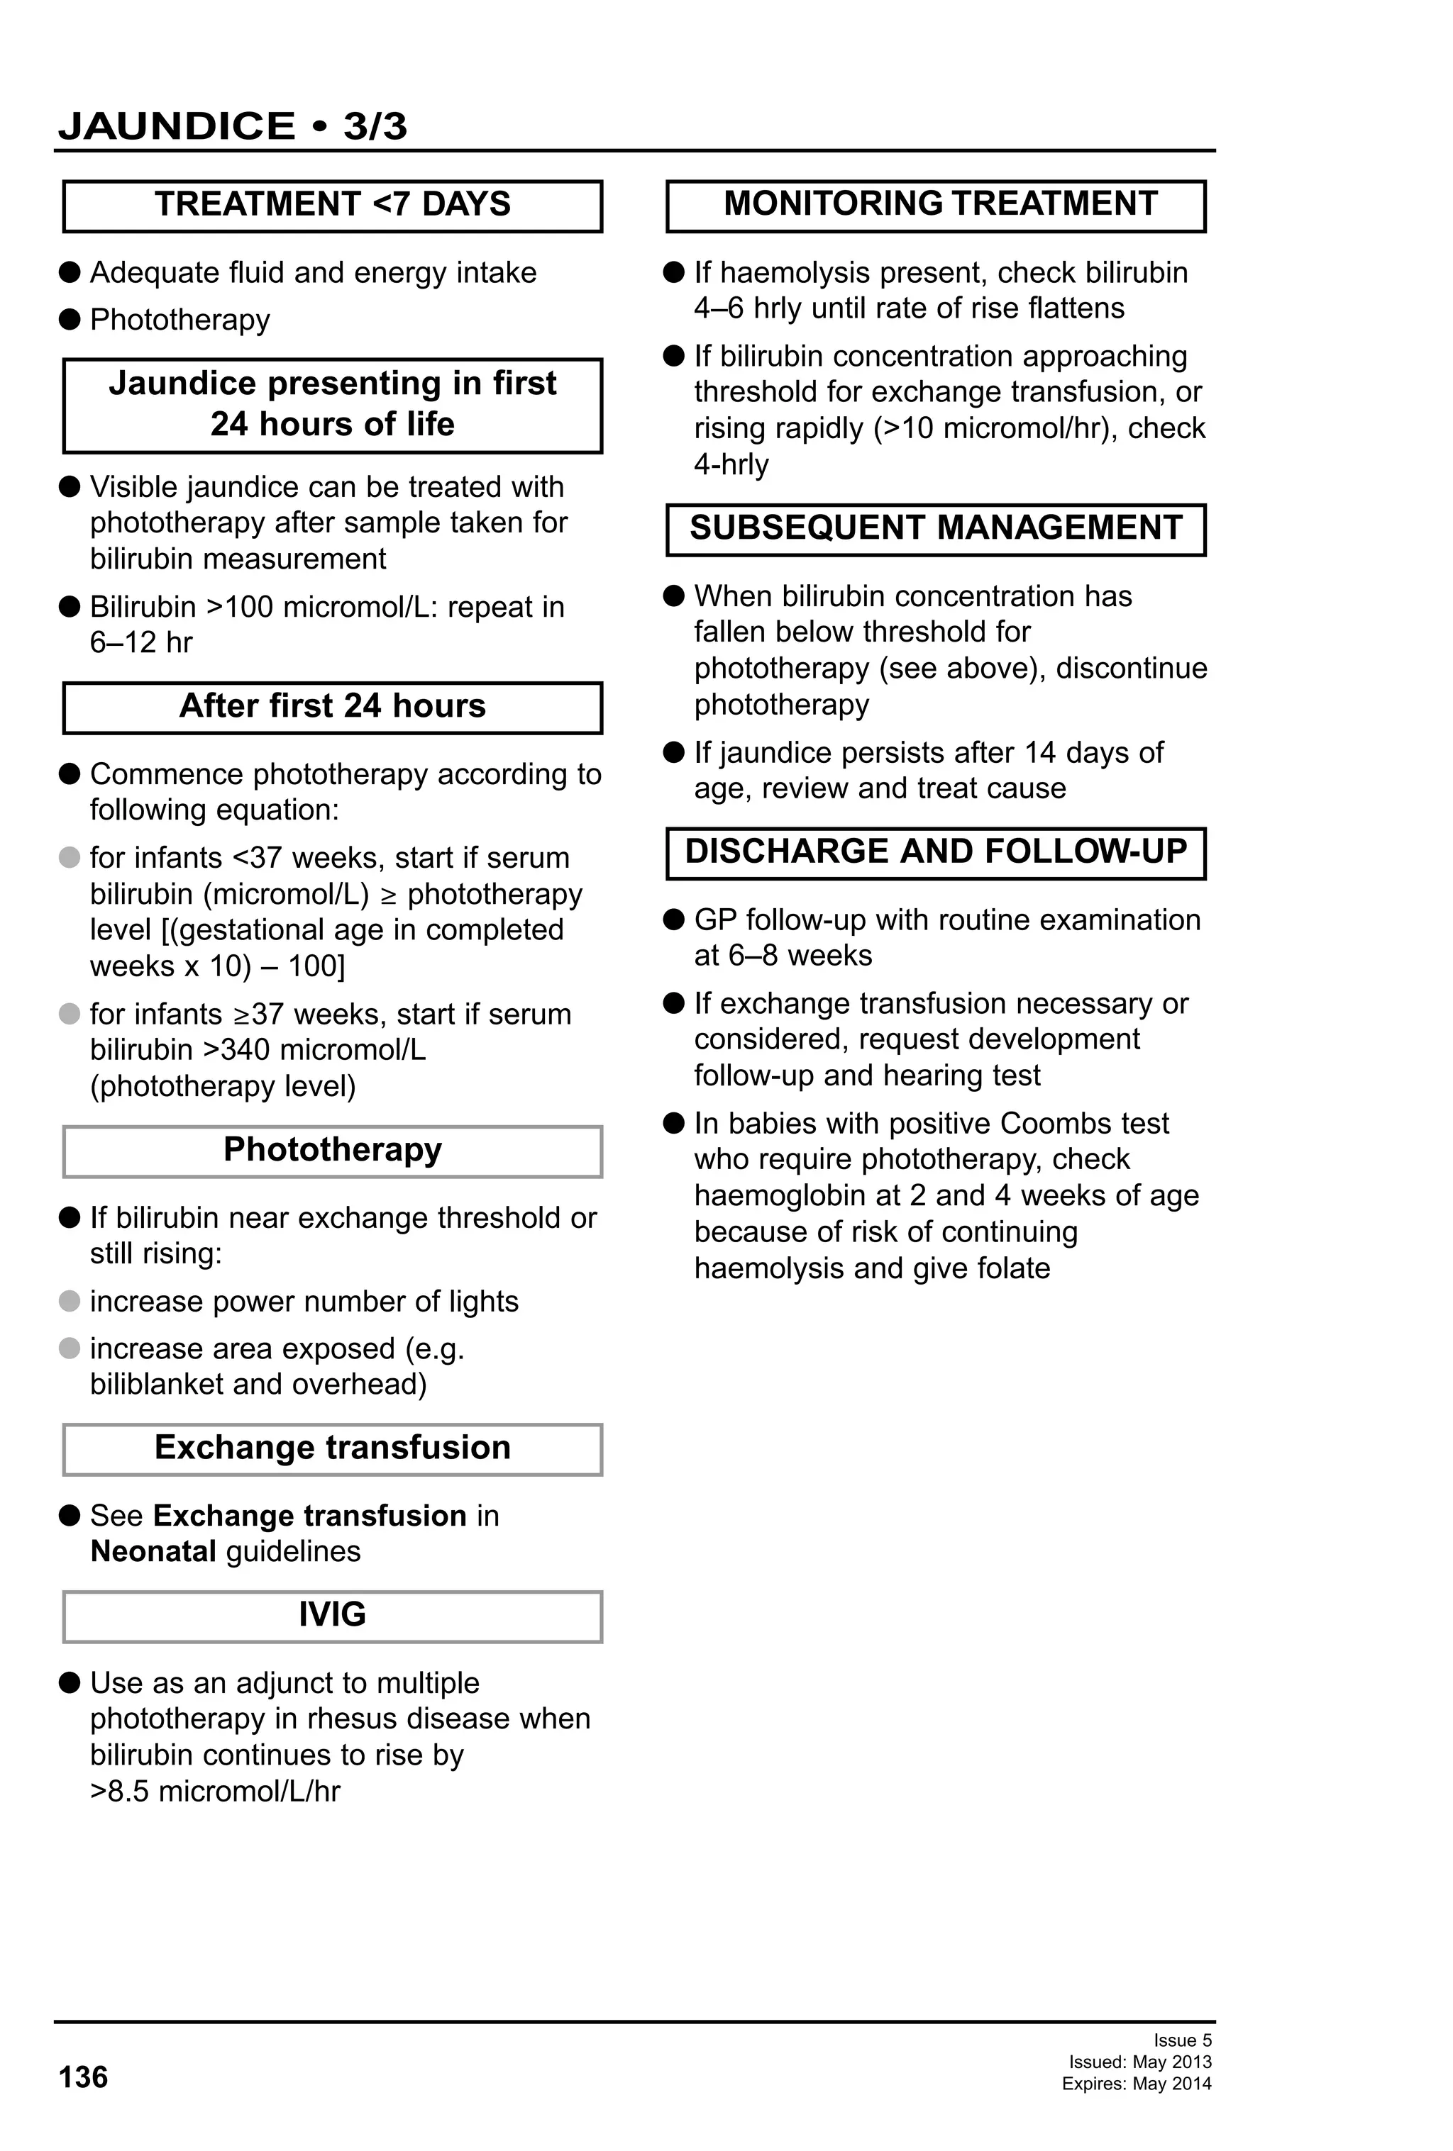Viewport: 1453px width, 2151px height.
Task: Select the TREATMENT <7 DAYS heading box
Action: [x=333, y=205]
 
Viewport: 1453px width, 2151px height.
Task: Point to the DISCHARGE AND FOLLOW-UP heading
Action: [x=935, y=851]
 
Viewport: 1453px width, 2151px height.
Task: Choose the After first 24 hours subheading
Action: [x=333, y=707]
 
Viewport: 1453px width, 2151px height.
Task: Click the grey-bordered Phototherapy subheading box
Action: [x=333, y=1151]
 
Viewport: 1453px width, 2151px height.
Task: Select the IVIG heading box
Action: [x=333, y=1615]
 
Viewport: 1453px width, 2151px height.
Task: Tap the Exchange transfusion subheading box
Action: [x=333, y=1448]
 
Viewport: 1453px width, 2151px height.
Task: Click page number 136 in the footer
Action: [x=83, y=2077]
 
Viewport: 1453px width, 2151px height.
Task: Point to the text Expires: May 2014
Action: [x=1137, y=2084]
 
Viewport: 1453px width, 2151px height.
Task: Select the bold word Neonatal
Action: [x=153, y=1551]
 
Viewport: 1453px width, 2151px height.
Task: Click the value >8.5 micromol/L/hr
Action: [x=215, y=1791]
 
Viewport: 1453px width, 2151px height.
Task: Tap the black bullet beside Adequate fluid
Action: [x=70, y=272]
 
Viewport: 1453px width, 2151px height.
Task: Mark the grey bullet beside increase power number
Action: [x=70, y=1302]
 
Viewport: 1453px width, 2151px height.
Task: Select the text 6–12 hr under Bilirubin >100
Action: [x=140, y=642]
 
